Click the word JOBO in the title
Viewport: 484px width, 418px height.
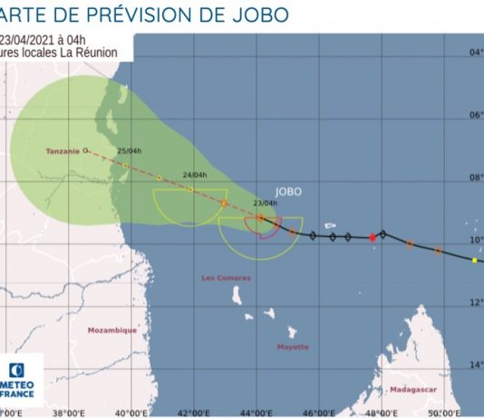pyautogui.click(x=263, y=15)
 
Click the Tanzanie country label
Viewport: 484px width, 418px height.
pyautogui.click(x=63, y=151)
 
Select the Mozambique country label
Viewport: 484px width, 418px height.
pyautogui.click(x=112, y=330)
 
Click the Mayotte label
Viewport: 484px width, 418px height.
pyautogui.click(x=293, y=347)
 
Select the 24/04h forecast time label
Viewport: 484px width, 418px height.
pyautogui.click(x=195, y=175)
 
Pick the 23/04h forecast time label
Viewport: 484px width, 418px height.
pyautogui.click(x=265, y=203)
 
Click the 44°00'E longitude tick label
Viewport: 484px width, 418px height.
pyautogui.click(x=257, y=412)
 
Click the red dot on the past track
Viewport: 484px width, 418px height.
pyautogui.click(x=373, y=237)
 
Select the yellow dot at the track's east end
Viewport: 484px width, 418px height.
pyautogui.click(x=473, y=261)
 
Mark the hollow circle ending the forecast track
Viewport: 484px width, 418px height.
pyautogui.click(x=85, y=151)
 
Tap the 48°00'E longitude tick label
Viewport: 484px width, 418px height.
pyautogui.click(x=382, y=412)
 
